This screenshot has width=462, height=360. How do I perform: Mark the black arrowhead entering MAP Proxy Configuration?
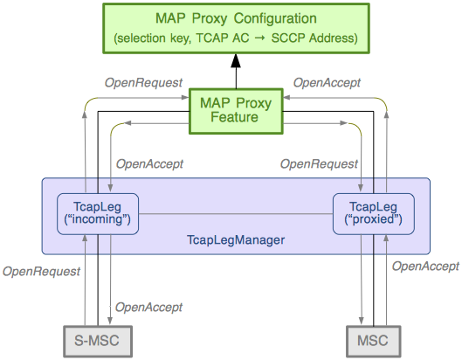click(x=233, y=60)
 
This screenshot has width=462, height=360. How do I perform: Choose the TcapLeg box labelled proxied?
click(x=369, y=212)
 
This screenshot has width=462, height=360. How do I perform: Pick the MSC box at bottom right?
click(x=373, y=340)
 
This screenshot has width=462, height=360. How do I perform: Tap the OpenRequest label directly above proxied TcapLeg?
click(x=318, y=163)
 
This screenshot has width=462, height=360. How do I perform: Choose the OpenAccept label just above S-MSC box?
click(x=148, y=307)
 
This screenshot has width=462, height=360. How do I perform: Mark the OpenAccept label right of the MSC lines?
click(x=424, y=267)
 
